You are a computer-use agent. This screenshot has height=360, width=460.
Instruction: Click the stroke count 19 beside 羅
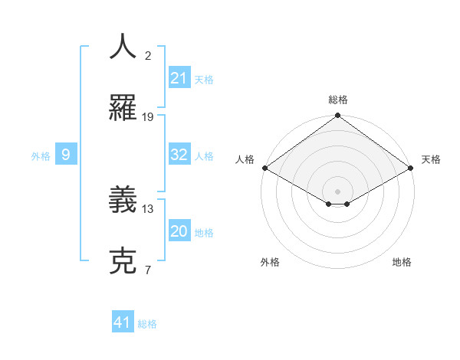tap(148, 117)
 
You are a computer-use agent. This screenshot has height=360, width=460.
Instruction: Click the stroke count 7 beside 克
tap(148, 270)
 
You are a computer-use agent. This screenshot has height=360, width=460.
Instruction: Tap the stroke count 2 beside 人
tap(148, 55)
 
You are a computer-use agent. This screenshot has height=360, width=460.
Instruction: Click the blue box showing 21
tap(179, 78)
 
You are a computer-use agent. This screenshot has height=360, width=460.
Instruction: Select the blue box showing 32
tap(179, 155)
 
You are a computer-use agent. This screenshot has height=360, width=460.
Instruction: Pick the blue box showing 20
tap(179, 231)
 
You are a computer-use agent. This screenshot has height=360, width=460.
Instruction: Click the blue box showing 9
tap(66, 155)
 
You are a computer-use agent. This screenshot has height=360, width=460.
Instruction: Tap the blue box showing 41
tap(123, 322)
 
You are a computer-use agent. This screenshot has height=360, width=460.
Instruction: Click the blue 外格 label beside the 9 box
tap(41, 156)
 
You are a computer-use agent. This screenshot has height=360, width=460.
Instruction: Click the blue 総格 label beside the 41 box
tap(147, 324)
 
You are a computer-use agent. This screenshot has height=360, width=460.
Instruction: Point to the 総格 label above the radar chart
tap(337, 100)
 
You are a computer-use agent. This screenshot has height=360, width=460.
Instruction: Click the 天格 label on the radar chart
tap(431, 159)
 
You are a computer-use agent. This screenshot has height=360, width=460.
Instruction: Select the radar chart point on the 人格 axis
tap(264, 168)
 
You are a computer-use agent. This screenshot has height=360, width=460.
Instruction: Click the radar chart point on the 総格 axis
tap(337, 116)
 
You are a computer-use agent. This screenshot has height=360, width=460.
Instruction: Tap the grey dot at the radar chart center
tap(337, 190)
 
